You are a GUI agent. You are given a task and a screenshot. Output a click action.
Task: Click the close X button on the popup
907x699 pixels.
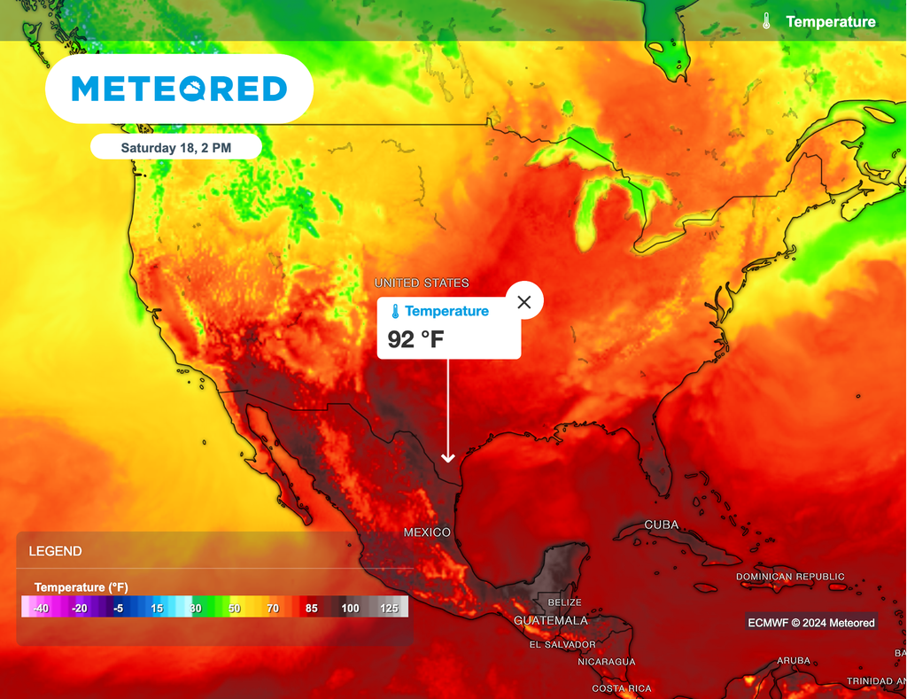coord(523,302)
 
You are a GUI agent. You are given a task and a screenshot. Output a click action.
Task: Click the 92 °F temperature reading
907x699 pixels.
coord(415,338)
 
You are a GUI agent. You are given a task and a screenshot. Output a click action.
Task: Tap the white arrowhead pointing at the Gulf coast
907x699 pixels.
coord(447,457)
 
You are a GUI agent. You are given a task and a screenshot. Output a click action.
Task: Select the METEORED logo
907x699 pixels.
coord(179,89)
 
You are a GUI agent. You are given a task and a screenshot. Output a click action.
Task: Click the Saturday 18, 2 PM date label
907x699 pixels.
coord(175,148)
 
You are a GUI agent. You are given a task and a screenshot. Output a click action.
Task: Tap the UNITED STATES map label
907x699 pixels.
coord(422,283)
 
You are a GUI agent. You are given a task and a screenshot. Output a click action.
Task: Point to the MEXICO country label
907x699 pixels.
coord(427,532)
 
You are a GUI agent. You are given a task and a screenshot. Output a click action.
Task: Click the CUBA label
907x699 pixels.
coord(661,524)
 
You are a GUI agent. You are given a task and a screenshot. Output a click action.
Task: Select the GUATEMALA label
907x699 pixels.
coord(550,621)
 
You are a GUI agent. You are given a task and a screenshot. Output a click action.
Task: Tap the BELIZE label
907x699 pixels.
coord(564,602)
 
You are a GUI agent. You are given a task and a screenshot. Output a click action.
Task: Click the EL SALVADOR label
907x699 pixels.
coord(562,644)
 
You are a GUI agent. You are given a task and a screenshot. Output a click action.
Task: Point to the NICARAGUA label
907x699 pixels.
coord(607,662)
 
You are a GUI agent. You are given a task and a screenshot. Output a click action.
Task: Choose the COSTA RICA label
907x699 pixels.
coord(621,688)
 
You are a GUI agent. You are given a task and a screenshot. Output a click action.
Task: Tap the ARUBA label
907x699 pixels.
coord(793,661)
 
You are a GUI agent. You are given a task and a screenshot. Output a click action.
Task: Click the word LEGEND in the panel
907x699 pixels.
coord(55,551)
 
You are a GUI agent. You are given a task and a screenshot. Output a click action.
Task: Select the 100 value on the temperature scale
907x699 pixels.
coord(350,608)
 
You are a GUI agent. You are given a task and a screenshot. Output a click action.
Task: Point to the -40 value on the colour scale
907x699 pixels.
coord(40,608)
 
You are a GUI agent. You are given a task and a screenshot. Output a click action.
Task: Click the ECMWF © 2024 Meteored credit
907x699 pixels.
coord(810,623)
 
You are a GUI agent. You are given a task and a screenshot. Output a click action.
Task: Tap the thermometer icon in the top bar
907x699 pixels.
coord(766,21)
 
